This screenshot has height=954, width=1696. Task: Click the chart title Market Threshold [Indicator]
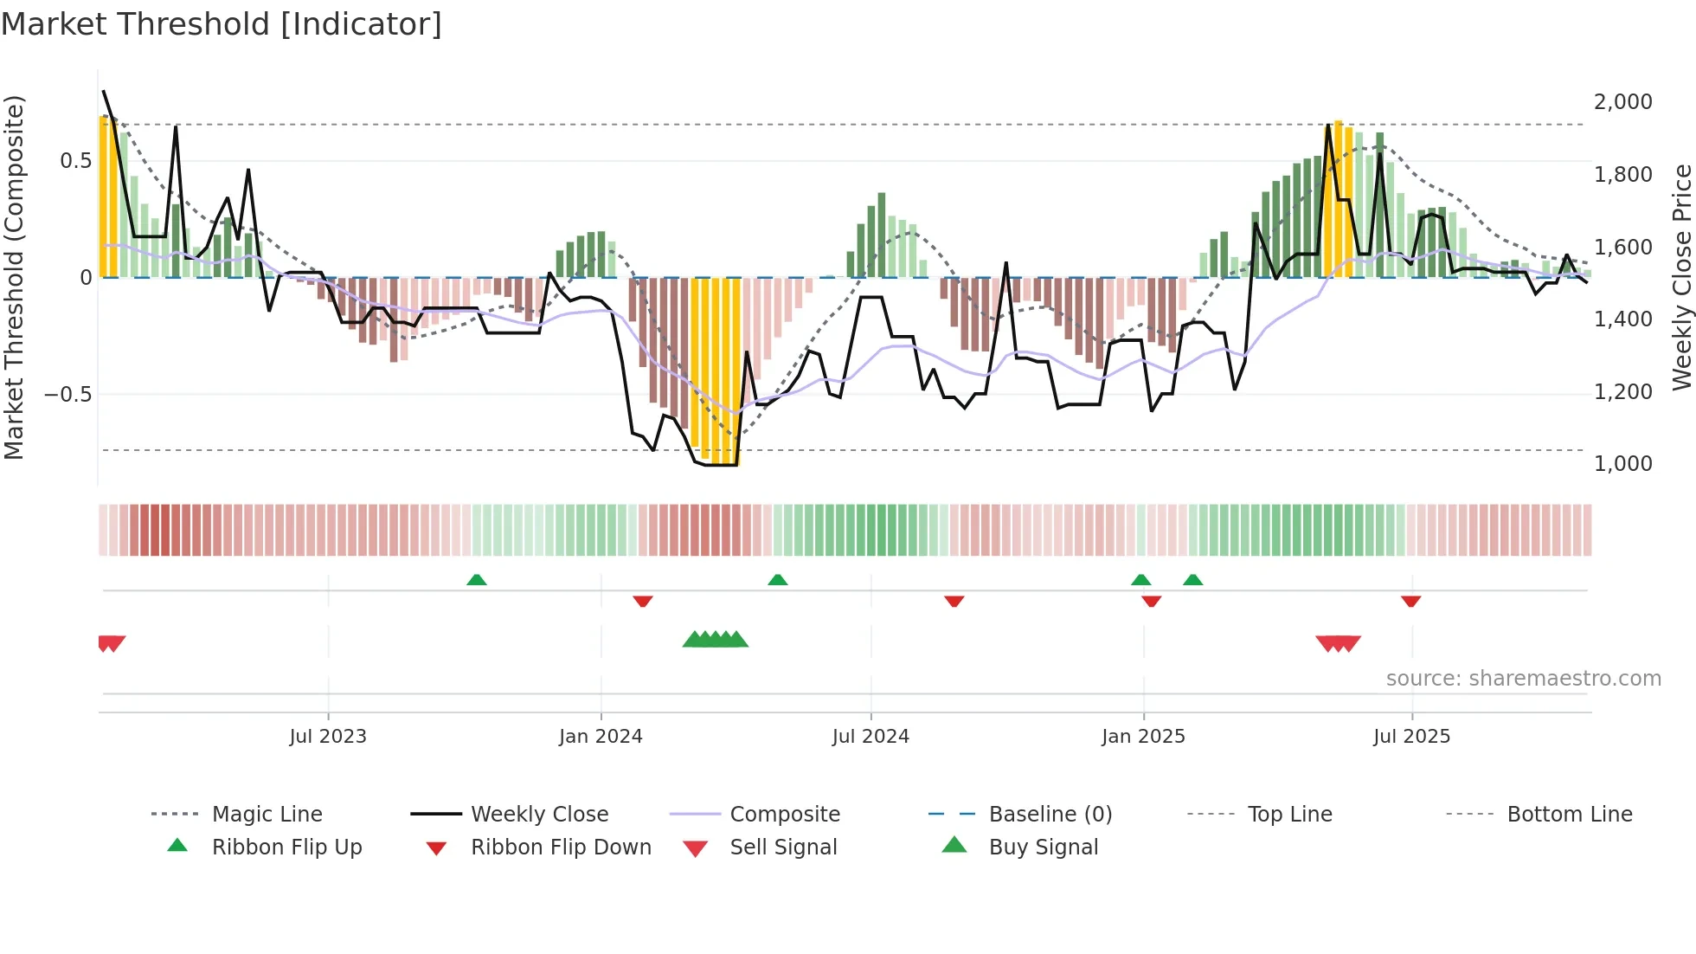(222, 24)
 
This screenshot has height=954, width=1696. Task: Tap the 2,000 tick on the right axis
(1622, 102)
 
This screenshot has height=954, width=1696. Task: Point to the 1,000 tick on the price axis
(1622, 464)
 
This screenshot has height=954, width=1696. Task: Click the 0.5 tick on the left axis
(75, 161)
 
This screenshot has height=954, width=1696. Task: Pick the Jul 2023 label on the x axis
(328, 737)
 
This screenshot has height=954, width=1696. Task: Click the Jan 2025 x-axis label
(1143, 737)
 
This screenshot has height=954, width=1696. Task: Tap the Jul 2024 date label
(870, 737)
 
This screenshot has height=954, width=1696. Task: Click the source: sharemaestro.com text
(1523, 679)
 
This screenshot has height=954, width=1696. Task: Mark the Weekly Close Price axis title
(1681, 277)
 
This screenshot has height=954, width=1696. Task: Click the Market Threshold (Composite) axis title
(14, 277)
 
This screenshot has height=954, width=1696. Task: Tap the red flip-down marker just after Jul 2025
(1410, 601)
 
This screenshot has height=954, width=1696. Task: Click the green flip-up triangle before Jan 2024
(476, 580)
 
